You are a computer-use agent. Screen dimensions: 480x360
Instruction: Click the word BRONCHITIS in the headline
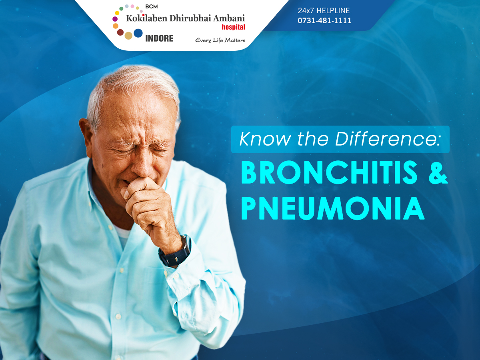coord(329,172)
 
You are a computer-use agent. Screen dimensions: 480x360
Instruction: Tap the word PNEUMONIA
coord(333,208)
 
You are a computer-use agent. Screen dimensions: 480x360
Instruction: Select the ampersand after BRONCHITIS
coord(438,172)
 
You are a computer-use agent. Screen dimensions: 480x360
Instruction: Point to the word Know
coord(265,139)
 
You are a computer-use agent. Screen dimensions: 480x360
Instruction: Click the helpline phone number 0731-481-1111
coord(324,20)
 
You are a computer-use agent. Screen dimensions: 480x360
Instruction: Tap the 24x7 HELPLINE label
coord(324,10)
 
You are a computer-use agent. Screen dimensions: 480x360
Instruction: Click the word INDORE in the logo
coord(159,38)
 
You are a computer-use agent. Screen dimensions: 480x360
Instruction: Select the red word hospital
coord(233,27)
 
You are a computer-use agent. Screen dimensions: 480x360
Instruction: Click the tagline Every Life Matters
coord(220,40)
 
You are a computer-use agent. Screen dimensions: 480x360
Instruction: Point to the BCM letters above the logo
coord(152,7)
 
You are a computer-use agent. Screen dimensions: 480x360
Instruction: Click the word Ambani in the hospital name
coord(229,18)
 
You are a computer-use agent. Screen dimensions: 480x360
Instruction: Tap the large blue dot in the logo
coord(138,33)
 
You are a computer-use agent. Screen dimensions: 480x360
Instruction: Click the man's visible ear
coord(85,136)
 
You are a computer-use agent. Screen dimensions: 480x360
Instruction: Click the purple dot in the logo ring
coord(115,19)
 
